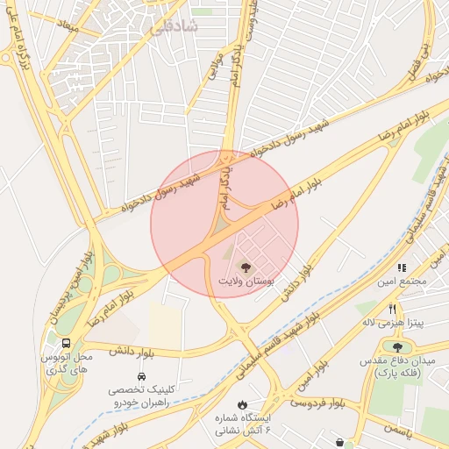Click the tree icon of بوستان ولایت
coord(246,267)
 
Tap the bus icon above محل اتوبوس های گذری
coord(67,343)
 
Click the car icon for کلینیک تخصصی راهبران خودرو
coord(141,375)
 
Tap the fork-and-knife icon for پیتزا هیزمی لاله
coord(392,309)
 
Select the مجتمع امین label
coord(402,282)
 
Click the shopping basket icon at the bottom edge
coord(339,442)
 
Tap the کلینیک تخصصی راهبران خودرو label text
coord(141,395)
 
